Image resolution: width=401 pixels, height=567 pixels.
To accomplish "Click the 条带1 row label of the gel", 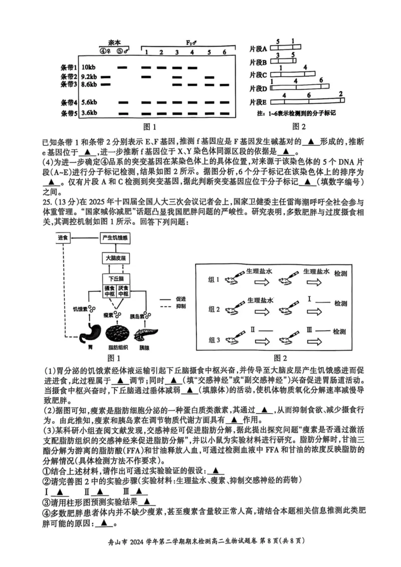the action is point(69,67).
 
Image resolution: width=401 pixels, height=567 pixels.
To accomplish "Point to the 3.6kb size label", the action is point(89,113).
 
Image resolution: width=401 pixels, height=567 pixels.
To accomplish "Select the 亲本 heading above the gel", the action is point(116,43).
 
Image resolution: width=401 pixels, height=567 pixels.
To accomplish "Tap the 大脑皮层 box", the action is point(116,258).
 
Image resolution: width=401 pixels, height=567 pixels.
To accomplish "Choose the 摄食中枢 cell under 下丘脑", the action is point(110,292).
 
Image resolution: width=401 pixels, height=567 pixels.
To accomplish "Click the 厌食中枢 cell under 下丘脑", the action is point(124,292).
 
